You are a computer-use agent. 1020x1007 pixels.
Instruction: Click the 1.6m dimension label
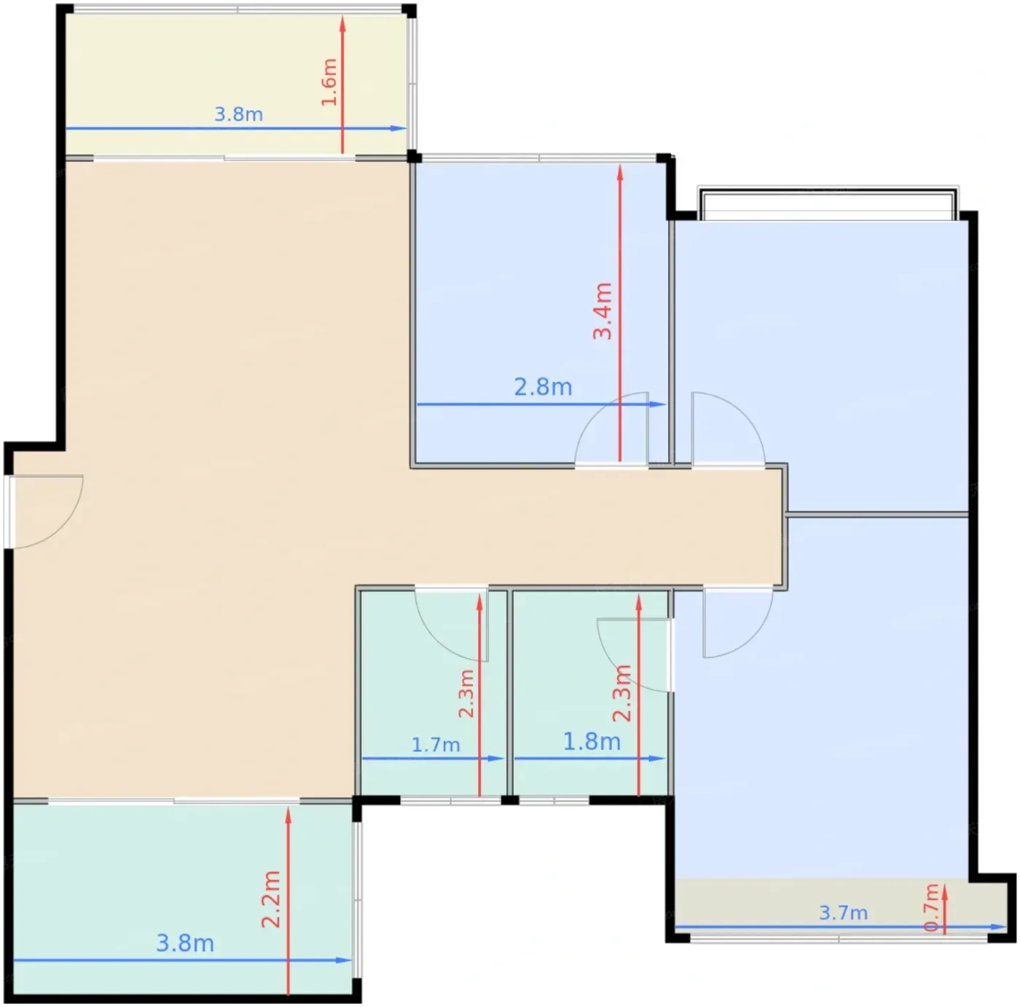(x=329, y=82)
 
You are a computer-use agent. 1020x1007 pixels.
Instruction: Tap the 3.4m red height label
(x=603, y=311)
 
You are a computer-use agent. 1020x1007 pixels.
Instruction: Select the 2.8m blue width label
(x=543, y=388)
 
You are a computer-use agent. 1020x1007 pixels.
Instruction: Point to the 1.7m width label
(x=436, y=745)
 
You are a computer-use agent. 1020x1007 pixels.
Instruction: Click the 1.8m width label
(x=592, y=741)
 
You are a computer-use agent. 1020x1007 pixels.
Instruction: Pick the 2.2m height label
(x=271, y=899)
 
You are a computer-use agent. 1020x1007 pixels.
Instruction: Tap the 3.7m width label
(x=843, y=912)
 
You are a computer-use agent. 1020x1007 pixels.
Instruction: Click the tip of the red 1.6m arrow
(x=342, y=16)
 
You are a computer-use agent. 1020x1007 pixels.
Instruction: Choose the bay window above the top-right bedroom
(x=828, y=203)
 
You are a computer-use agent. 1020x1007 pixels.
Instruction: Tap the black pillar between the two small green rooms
(x=510, y=800)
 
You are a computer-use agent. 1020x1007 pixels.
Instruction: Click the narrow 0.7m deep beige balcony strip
(x=841, y=909)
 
